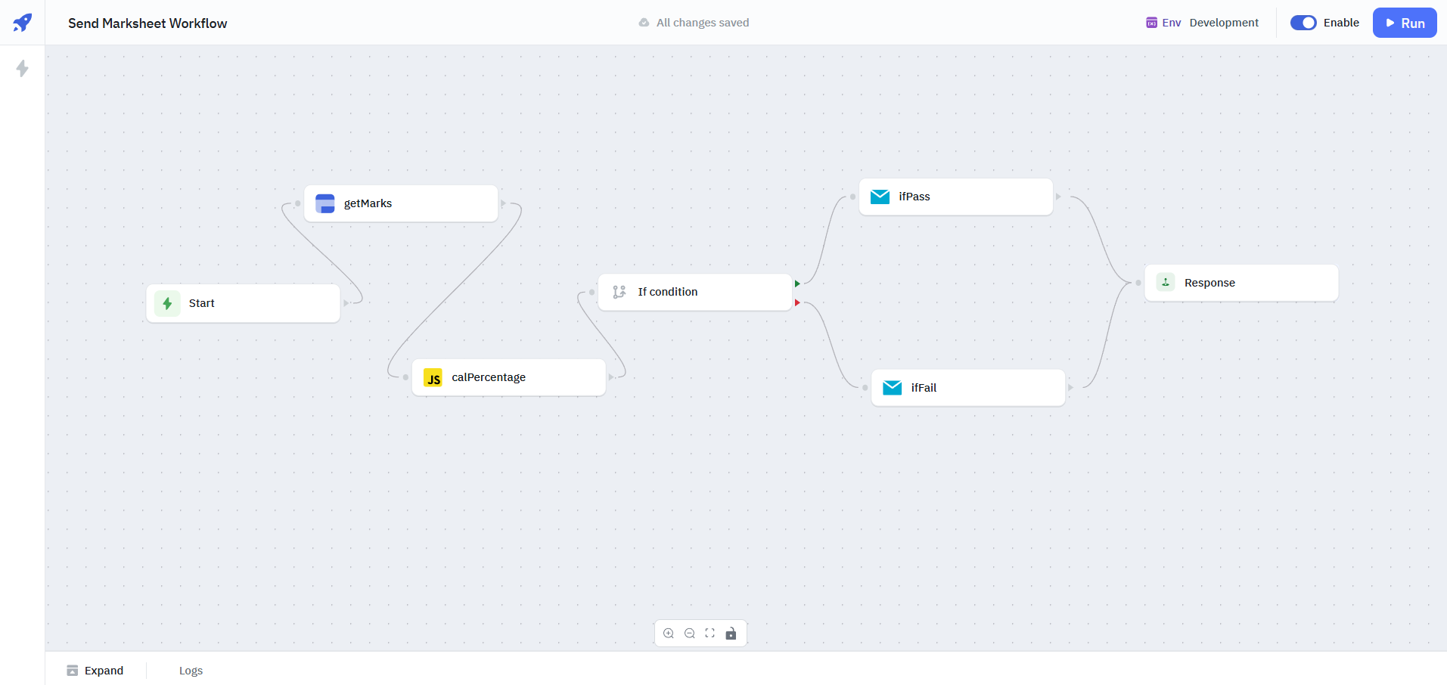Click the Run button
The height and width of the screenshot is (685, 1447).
pos(1405,23)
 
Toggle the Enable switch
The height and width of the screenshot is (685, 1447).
pos(1303,23)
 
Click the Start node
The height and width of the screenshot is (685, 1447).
pos(243,303)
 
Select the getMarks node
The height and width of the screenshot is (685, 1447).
pos(401,203)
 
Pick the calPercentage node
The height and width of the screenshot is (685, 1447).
pos(508,377)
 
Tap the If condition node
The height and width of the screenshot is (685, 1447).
pos(694,292)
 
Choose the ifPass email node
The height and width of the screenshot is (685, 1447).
pos(955,197)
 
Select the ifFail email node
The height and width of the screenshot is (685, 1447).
pos(967,388)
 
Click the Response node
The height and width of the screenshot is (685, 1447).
pos(1241,283)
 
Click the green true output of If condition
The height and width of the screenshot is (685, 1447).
pos(797,284)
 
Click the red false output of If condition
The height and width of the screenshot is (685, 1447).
pos(797,302)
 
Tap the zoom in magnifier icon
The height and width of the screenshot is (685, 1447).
pos(669,634)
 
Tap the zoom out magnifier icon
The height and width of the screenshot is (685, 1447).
pos(690,634)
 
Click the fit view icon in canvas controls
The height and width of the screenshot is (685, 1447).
pos(710,634)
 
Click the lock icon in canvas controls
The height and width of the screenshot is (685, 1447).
pos(731,634)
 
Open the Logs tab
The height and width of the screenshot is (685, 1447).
pos(191,671)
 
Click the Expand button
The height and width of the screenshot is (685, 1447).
pos(95,671)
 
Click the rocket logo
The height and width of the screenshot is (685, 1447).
pos(23,23)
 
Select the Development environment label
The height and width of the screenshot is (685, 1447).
pos(1223,23)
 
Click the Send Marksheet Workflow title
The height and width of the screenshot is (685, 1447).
pos(147,23)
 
